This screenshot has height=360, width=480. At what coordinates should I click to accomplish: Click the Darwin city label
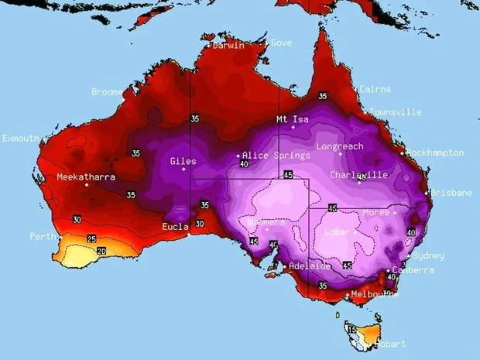[x=228, y=46]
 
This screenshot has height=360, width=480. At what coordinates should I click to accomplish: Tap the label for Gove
[x=281, y=43]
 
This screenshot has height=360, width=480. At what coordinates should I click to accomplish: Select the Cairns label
[x=375, y=90]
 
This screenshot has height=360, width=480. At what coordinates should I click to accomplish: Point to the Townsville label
[x=396, y=112]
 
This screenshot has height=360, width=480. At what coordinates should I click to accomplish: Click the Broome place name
[x=107, y=92]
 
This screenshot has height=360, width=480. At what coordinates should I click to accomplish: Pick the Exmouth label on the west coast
[x=20, y=139]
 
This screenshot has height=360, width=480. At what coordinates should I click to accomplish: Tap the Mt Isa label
[x=293, y=120]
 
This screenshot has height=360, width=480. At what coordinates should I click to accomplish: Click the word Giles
[x=183, y=162]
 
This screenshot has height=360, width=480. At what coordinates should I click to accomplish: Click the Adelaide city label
[x=310, y=266]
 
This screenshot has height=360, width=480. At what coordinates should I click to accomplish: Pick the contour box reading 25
[x=91, y=238]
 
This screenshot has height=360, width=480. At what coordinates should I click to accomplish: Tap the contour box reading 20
[x=101, y=252]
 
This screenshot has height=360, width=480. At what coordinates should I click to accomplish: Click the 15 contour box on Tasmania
[x=352, y=331]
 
